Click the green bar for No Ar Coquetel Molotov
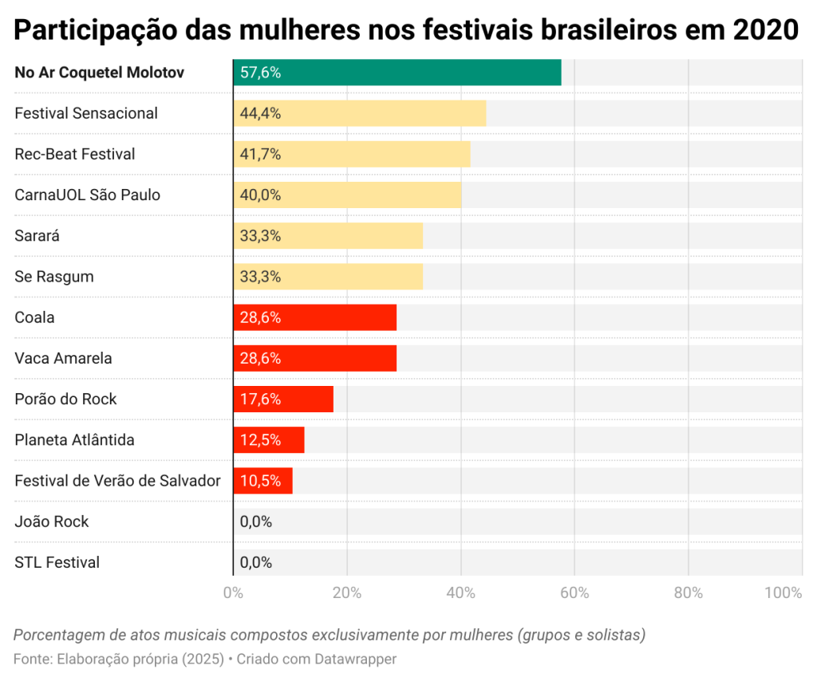click(x=397, y=73)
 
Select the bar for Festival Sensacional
click(x=359, y=113)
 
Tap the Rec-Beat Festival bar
click(x=351, y=154)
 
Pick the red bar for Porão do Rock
click(x=282, y=399)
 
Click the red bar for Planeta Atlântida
click(x=268, y=439)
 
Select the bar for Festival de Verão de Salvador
click(x=262, y=481)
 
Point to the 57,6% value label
click(x=260, y=73)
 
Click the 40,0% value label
click(x=260, y=195)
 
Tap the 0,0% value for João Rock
click(x=256, y=522)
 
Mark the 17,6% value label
click(x=260, y=399)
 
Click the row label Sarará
click(x=37, y=236)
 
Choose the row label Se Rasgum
click(x=54, y=277)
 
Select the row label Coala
click(x=35, y=317)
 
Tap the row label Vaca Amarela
click(x=63, y=358)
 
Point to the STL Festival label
click(x=57, y=562)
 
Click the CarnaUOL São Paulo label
click(x=88, y=195)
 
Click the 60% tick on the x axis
click(x=574, y=592)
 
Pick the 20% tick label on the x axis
click(x=347, y=592)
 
